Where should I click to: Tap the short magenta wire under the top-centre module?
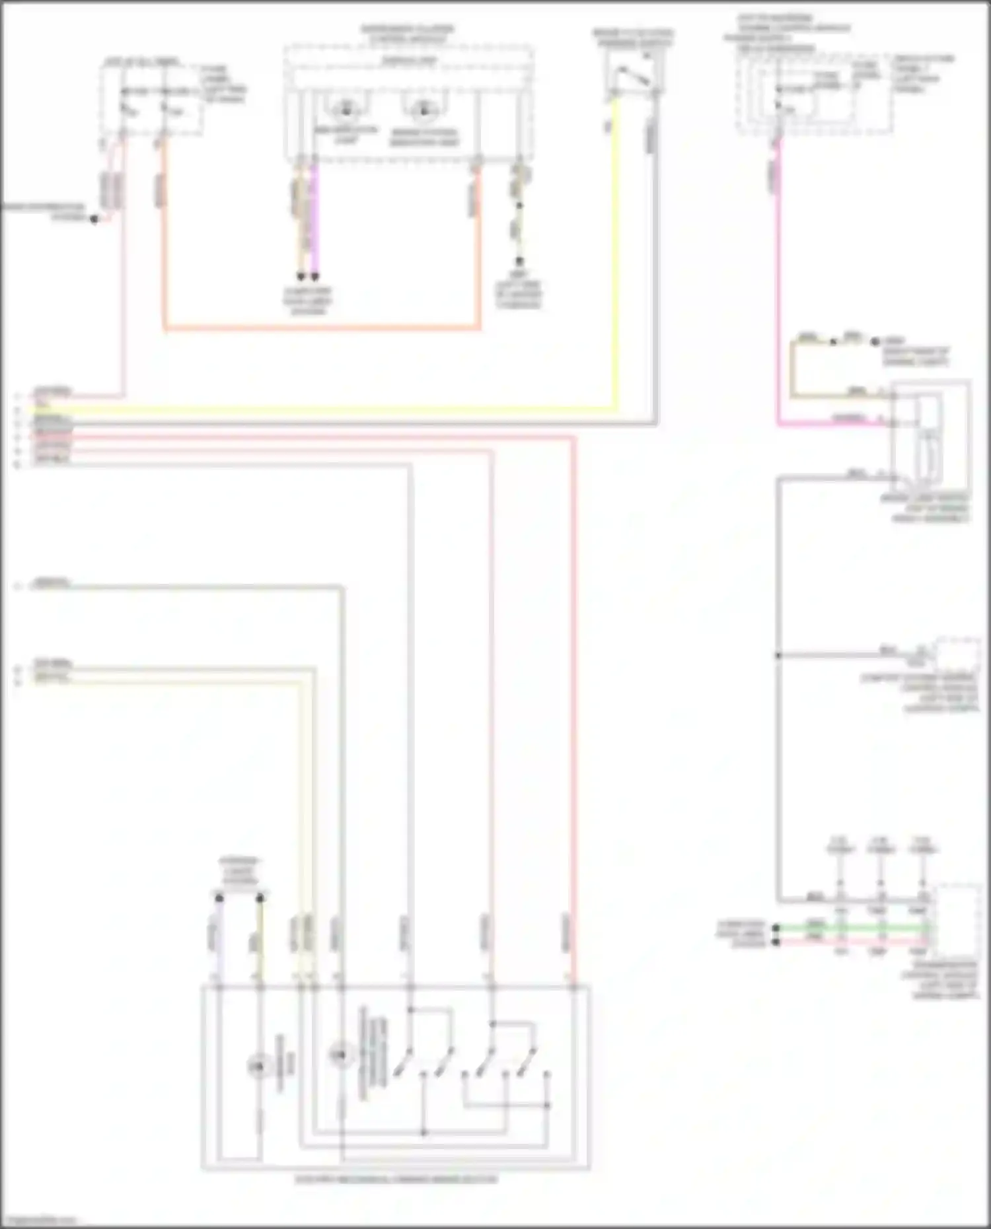[315, 218]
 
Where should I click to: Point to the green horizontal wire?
[852, 927]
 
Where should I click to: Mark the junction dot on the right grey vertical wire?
[778, 655]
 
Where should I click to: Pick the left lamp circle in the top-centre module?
[344, 110]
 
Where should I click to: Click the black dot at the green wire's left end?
[777, 928]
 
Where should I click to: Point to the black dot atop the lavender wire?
[219, 898]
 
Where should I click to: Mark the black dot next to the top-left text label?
[94, 219]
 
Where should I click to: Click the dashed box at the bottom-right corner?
[957, 918]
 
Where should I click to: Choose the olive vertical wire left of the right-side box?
[792, 370]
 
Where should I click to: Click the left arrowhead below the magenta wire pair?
[301, 276]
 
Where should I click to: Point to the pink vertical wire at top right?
[778, 284]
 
